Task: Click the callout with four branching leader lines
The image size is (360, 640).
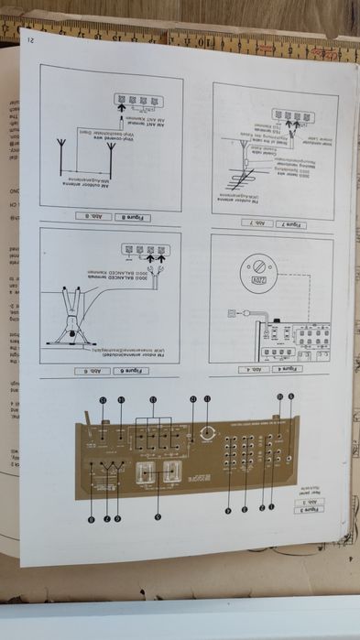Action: [x=153, y=400]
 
